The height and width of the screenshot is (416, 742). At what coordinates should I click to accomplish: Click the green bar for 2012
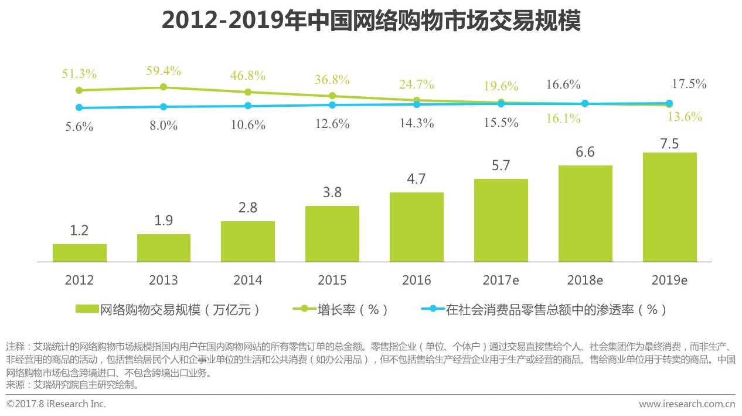coord(80,253)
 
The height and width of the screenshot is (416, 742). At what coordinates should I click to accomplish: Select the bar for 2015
coord(332,234)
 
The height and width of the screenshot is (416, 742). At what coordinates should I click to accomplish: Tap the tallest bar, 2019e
coord(669,207)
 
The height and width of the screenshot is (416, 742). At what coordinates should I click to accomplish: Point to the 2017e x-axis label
coord(501,280)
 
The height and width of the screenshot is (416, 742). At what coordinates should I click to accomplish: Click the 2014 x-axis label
coord(248,280)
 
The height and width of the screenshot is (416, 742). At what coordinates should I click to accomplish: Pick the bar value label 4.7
coord(416,180)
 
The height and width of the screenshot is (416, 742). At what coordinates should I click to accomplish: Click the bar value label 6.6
coord(585,153)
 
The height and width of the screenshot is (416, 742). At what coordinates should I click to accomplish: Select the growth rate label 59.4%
coord(164,72)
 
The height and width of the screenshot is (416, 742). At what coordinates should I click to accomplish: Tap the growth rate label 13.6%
coord(685,117)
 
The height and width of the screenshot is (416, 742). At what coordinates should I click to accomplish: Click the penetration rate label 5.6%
coord(79,127)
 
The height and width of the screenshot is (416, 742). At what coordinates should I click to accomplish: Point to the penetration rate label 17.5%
coord(689,84)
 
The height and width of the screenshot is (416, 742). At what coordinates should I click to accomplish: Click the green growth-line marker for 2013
coord(164,87)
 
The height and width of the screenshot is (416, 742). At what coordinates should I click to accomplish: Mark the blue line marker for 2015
coord(332,105)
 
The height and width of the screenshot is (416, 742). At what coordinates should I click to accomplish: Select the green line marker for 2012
coord(79,90)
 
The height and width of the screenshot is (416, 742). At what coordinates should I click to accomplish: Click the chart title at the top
coord(371,21)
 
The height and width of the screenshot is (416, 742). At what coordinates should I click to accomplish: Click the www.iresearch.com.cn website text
coord(687,404)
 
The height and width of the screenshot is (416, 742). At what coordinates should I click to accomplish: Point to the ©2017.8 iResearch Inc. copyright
coord(56,404)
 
